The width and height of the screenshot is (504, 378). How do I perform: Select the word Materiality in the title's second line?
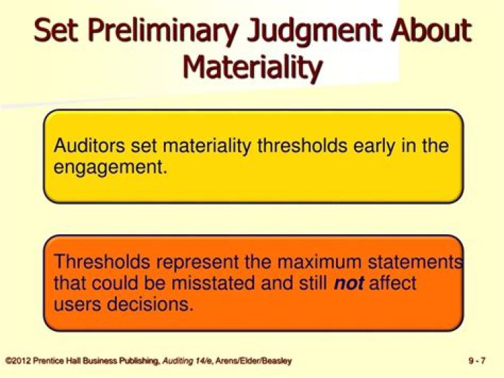pyautogui.click(x=252, y=68)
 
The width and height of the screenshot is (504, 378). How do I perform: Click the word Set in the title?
pyautogui.click(x=57, y=32)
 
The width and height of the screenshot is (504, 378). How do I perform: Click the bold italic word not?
pyautogui.click(x=349, y=284)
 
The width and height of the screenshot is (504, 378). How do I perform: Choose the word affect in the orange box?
pyautogui.click(x=393, y=284)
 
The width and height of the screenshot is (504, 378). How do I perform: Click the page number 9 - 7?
pyautogui.click(x=477, y=361)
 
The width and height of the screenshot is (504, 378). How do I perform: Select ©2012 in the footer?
pyautogui.click(x=17, y=361)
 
